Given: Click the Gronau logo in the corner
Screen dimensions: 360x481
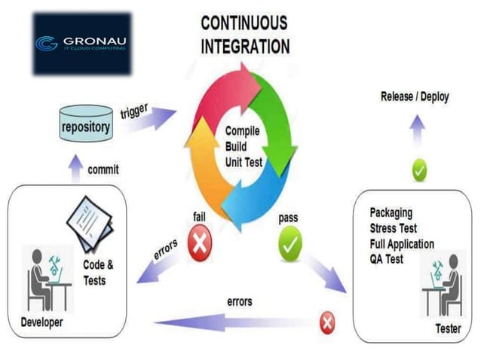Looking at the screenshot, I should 82,43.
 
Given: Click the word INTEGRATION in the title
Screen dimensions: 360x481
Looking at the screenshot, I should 245,47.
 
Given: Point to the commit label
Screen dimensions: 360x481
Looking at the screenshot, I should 103,169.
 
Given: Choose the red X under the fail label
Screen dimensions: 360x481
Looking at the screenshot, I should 199,246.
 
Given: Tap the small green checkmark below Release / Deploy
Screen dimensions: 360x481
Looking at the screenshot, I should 420,171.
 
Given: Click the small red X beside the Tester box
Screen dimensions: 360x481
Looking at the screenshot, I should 327,323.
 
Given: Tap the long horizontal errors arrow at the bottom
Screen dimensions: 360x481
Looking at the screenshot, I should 234,322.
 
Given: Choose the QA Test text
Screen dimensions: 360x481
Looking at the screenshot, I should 387,258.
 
